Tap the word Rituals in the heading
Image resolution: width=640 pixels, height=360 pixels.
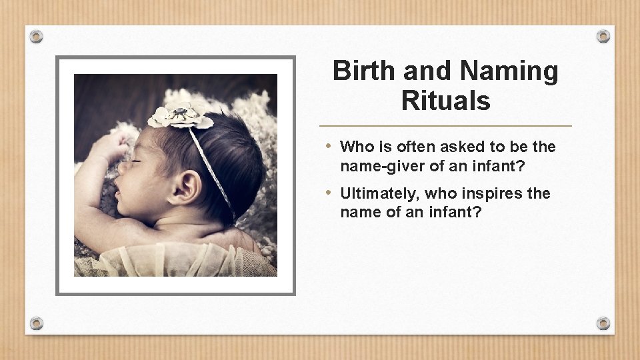coord(445,101)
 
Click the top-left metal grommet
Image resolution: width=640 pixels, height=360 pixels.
coord(37,37)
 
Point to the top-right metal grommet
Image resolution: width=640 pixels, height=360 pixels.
coord(603,37)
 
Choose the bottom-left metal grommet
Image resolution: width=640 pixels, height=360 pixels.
coord(37,323)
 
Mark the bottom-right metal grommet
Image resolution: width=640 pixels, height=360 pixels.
coord(603,323)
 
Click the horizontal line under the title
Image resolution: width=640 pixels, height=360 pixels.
coord(445,126)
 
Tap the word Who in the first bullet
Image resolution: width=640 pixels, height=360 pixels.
coord(355,147)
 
